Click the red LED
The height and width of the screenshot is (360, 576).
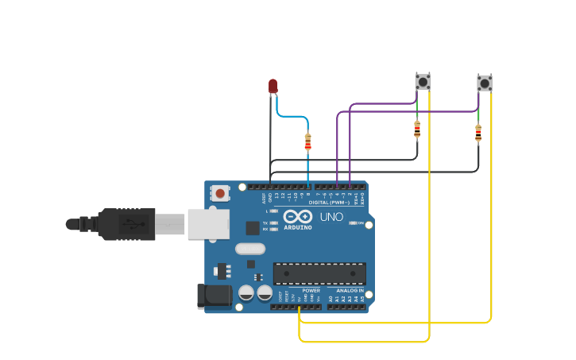pyautogui.click(x=273, y=86)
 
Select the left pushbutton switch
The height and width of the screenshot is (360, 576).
pyautogui.click(x=423, y=81)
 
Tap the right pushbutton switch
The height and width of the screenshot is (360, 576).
pyautogui.click(x=484, y=83)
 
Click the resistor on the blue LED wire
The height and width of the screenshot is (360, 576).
pyautogui.click(x=308, y=142)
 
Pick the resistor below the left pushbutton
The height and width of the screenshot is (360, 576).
pyautogui.click(x=417, y=129)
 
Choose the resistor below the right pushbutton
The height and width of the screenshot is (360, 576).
pyautogui.click(x=478, y=134)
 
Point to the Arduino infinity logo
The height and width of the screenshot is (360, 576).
pyautogui.click(x=298, y=216)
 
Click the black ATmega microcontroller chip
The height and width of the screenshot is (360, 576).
pyautogui.click(x=319, y=273)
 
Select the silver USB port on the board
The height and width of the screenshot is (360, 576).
pyautogui.click(x=208, y=224)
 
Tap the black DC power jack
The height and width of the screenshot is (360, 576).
pyautogui.click(x=213, y=296)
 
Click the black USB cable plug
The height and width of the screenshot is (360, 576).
pyautogui.click(x=127, y=224)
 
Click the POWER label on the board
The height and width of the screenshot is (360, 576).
pyautogui.click(x=311, y=291)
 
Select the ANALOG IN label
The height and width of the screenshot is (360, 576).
pyautogui.click(x=350, y=291)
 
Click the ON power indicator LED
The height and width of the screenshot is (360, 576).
pyautogui.click(x=352, y=223)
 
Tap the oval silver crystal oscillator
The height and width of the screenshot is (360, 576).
pyautogui.click(x=249, y=249)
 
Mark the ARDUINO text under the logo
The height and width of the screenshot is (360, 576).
pyautogui.click(x=298, y=228)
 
